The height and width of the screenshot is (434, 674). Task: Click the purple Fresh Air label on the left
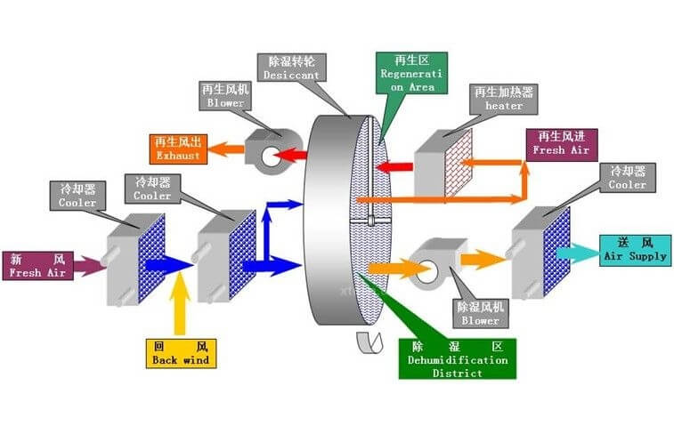(x=37, y=265)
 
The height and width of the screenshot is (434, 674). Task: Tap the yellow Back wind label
(x=180, y=353)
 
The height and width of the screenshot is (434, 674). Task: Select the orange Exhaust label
(x=180, y=147)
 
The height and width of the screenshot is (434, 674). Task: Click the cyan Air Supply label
(x=634, y=248)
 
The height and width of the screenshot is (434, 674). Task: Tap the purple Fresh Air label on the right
(x=561, y=143)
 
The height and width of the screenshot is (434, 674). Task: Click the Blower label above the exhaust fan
(x=225, y=94)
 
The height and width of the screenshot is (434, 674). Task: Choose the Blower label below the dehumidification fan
(x=481, y=312)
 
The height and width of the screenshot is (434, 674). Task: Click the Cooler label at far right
(x=627, y=178)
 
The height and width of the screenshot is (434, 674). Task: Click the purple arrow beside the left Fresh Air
(x=90, y=264)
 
